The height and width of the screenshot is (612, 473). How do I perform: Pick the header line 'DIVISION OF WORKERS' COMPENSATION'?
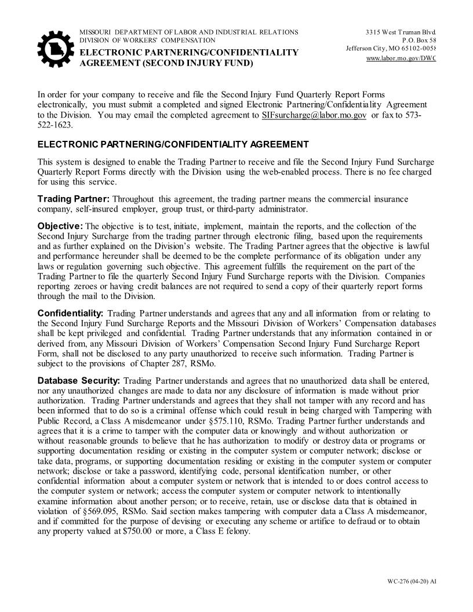[147, 40]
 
